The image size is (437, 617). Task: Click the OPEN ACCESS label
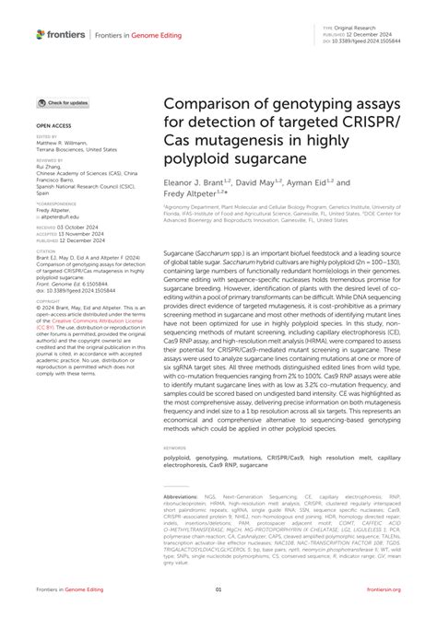click(x=54, y=122)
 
